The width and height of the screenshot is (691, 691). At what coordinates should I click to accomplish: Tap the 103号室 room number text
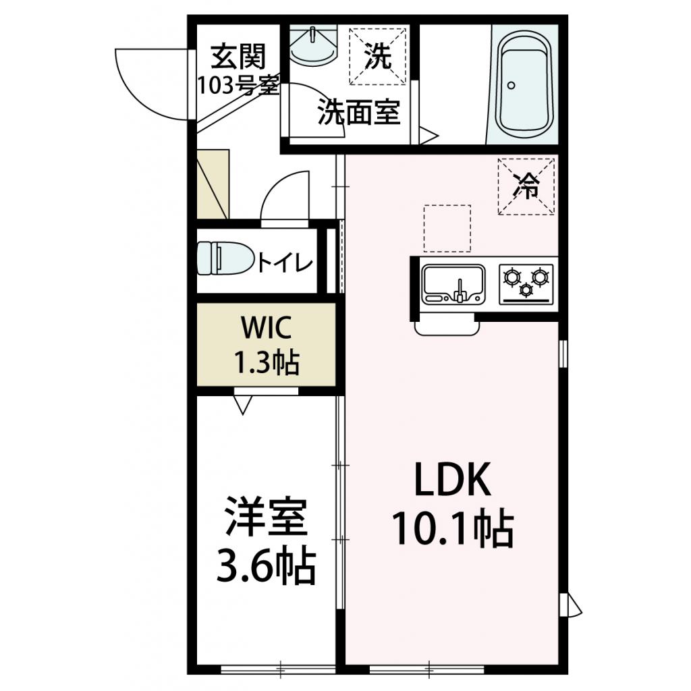[x=238, y=85]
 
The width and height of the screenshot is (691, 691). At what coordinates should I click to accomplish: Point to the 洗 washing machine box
[x=378, y=57]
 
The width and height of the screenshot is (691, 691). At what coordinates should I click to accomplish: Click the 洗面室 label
[x=359, y=112]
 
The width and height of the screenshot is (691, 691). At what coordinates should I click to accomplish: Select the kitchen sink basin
[x=453, y=283]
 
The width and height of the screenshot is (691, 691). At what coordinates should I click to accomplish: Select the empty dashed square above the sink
[x=447, y=228]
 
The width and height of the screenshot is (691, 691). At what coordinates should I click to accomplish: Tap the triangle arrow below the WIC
[x=243, y=404]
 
